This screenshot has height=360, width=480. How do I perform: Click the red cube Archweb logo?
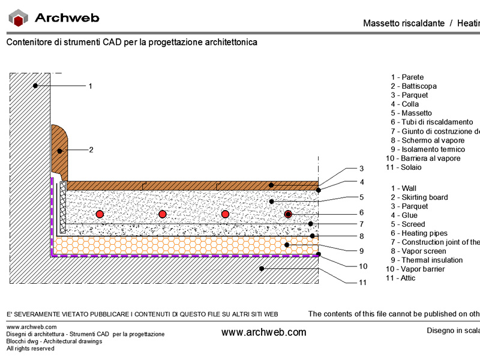[19, 18]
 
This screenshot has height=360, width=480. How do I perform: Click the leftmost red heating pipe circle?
[100, 214]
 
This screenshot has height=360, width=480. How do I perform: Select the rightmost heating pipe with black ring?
[288, 214]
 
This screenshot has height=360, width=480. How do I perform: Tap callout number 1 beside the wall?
[91, 86]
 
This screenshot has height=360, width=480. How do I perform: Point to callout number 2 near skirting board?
[91, 149]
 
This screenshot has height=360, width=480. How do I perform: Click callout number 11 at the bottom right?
[363, 282]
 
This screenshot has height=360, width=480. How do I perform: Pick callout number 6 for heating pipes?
[362, 212]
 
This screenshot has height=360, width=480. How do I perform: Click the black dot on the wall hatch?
[35, 86]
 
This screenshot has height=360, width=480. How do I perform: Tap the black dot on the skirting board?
[59, 151]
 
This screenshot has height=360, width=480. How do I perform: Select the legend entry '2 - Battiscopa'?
[413, 86]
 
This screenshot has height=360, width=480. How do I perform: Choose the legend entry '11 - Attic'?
[401, 278]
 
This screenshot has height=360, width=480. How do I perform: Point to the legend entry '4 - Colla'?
[404, 104]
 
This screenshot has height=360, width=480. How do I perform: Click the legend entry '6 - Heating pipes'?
[419, 233]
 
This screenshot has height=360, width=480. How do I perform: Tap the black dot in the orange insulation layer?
[287, 245]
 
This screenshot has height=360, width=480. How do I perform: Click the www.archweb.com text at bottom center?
[263, 332]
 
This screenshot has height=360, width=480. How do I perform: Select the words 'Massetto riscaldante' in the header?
[404, 23]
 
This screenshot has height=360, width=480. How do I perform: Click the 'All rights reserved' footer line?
[31, 349]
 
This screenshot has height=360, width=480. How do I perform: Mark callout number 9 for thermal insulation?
[362, 251]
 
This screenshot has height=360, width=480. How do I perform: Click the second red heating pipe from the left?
[163, 214]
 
